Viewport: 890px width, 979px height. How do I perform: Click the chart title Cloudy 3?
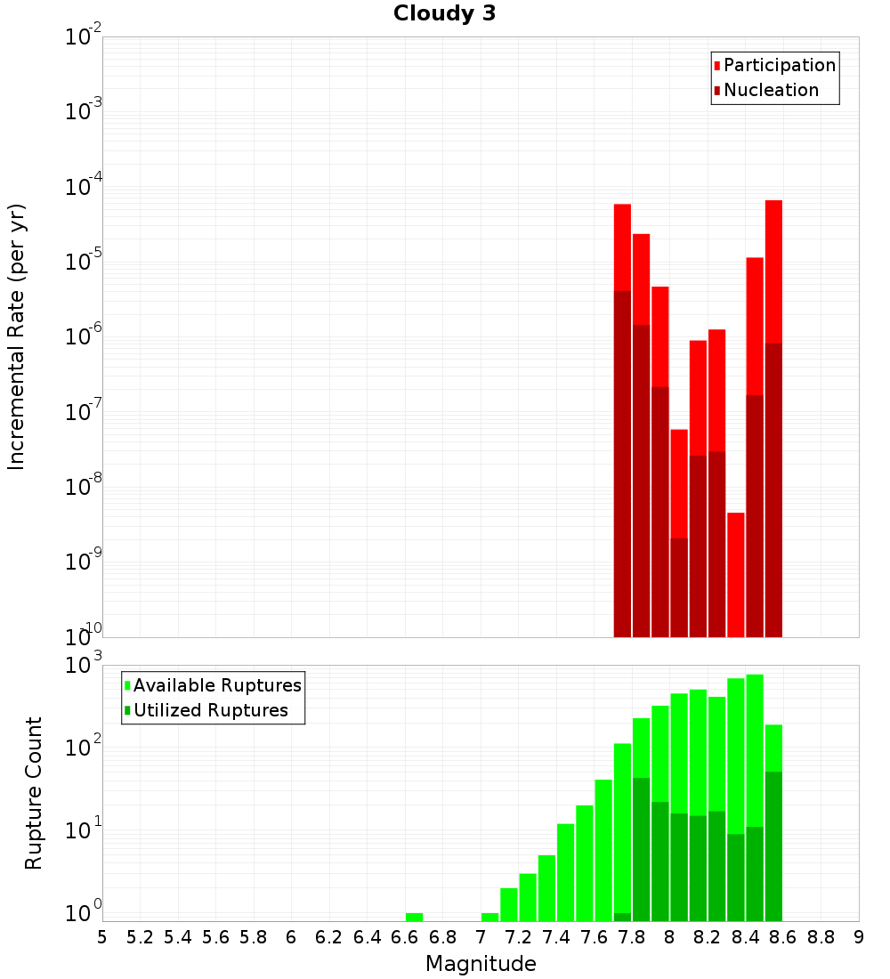444,13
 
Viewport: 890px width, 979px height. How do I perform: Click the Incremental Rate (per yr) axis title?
17,336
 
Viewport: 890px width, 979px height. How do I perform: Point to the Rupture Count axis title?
34,792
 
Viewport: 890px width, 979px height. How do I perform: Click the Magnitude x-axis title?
481,964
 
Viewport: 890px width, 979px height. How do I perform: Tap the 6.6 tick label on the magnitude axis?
405,937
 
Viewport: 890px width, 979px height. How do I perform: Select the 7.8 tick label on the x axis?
632,937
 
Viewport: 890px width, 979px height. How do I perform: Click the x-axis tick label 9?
859,937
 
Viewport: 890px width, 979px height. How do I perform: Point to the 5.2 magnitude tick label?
140,937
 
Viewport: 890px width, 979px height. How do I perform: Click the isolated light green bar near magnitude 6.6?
414,917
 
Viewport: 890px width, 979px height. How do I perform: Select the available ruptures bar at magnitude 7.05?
489,917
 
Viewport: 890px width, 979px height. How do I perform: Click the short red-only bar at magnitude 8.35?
736,574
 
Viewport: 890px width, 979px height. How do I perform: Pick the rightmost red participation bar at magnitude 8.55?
773,267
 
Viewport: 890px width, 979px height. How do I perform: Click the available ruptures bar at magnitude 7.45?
565,872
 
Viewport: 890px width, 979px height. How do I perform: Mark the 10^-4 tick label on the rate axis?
83,188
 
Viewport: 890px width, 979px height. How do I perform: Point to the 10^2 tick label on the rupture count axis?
83,748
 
